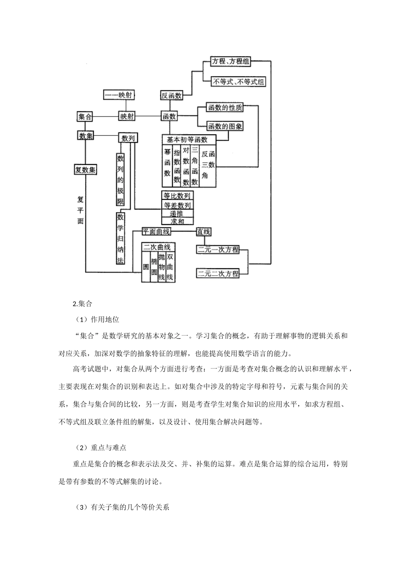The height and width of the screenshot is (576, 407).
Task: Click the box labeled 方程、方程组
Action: (x=230, y=61)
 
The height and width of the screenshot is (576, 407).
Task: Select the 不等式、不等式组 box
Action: (x=239, y=81)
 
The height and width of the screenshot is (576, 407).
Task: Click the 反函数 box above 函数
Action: (x=171, y=96)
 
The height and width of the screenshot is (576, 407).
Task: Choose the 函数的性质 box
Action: (x=225, y=108)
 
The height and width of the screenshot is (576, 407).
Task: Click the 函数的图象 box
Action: (x=225, y=126)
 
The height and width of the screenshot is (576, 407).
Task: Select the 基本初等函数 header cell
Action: (x=187, y=139)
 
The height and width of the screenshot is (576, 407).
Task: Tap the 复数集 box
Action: (x=85, y=170)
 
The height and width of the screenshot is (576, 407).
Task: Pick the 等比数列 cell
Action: (x=177, y=196)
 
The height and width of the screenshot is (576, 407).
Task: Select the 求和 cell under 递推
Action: (x=177, y=221)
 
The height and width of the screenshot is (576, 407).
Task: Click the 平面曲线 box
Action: (x=156, y=231)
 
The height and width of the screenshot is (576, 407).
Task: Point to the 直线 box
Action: (x=203, y=231)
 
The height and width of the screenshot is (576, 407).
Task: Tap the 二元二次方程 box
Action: (x=218, y=273)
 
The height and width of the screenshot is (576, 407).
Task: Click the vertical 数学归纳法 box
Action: (x=121, y=239)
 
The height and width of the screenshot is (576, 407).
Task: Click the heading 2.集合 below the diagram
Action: (x=83, y=304)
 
